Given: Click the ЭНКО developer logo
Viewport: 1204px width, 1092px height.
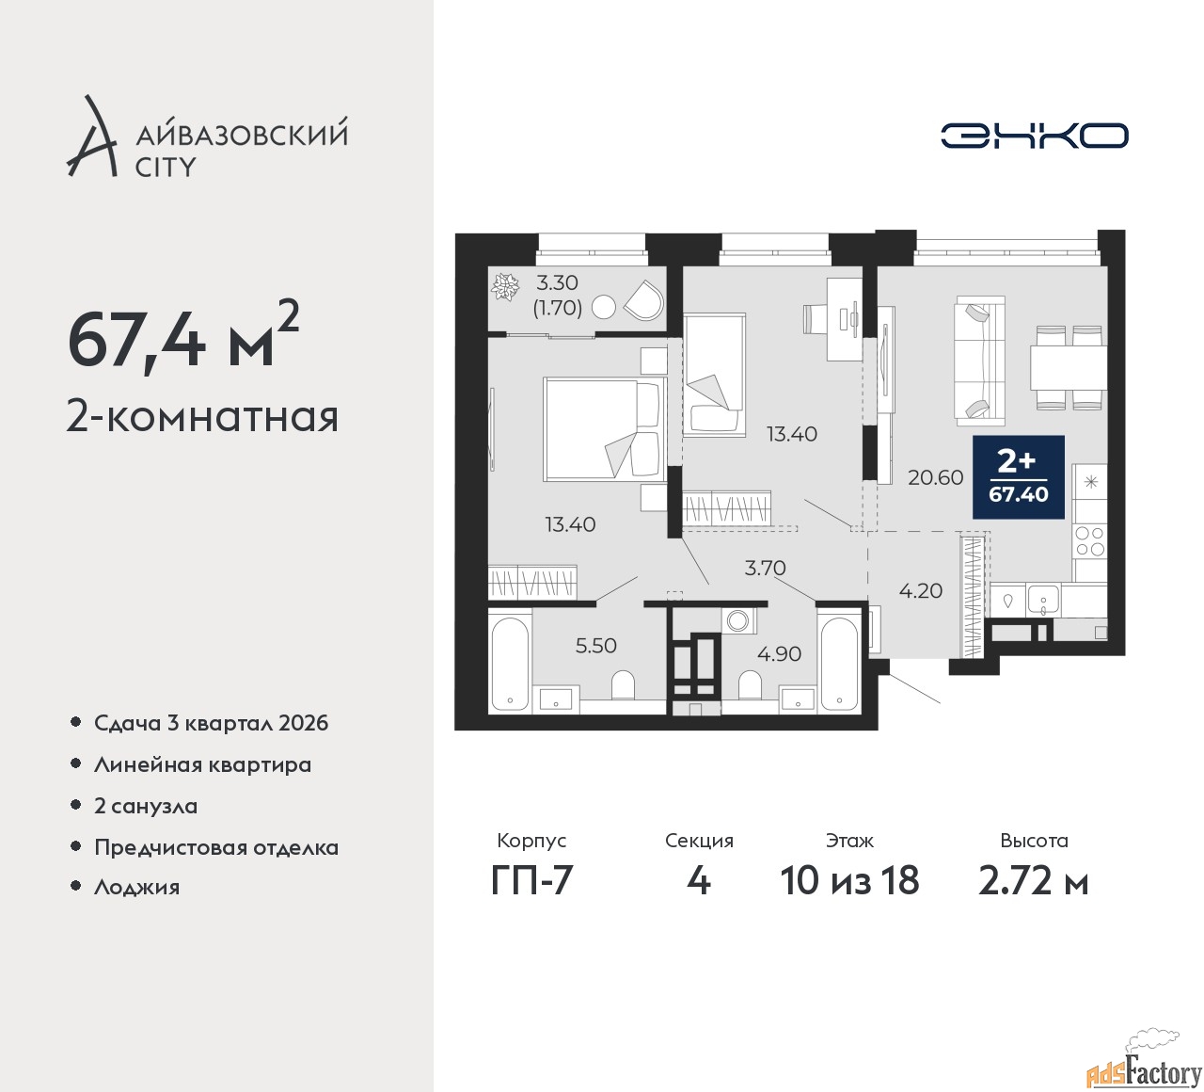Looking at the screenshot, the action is [1034, 136].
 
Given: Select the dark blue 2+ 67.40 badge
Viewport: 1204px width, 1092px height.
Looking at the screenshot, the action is [1019, 477].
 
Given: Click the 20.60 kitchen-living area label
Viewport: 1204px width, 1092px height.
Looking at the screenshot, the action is [935, 477].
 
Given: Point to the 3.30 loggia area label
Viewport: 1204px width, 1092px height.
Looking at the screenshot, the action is [557, 281].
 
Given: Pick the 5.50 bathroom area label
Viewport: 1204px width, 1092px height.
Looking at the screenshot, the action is [595, 646].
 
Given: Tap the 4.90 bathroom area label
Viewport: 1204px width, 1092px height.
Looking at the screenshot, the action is [779, 653].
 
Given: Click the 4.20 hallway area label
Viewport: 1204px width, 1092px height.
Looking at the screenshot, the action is [920, 590].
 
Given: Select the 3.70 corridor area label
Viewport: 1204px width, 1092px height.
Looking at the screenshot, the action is [765, 568].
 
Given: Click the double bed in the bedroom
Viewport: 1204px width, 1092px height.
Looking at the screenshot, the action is [605, 429].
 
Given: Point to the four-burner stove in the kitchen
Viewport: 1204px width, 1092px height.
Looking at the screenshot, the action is [1089, 540].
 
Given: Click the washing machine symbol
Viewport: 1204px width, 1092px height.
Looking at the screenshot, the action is [738, 620].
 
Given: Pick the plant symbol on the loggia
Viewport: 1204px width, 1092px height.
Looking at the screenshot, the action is [504, 287].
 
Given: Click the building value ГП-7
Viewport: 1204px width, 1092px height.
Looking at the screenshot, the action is [531, 881].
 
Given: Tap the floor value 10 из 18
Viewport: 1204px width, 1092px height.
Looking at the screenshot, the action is [849, 881].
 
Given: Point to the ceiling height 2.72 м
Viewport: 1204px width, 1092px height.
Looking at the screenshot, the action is [1034, 881].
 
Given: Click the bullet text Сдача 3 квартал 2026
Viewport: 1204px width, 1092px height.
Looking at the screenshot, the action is [212, 723].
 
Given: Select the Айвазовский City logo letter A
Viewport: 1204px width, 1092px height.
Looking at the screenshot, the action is [92, 136].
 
